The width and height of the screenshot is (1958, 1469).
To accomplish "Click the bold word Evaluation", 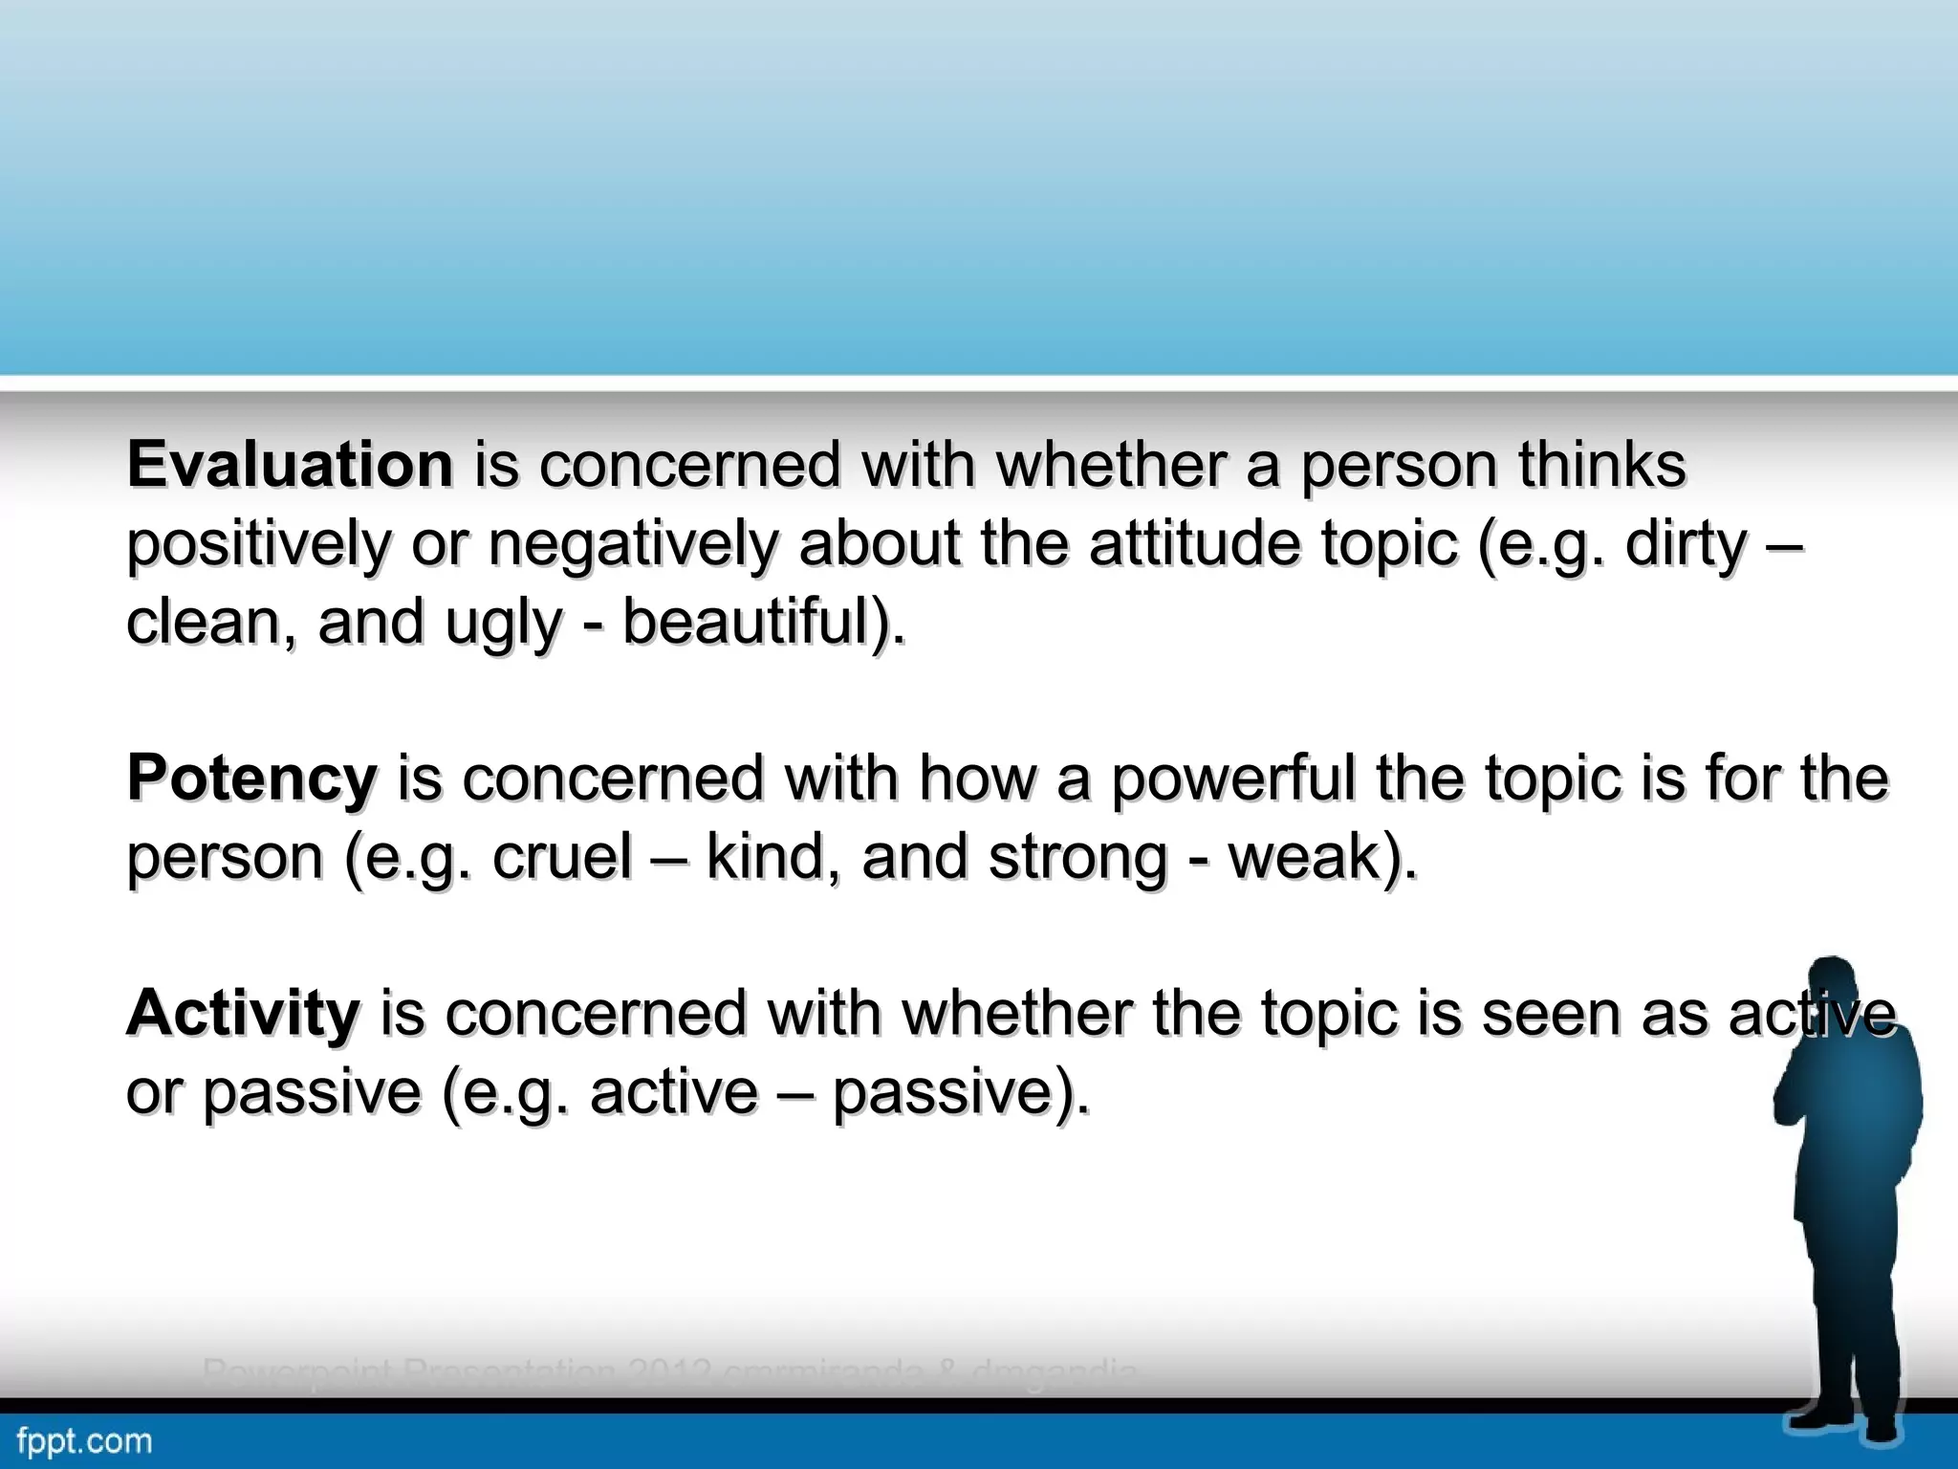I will (x=290, y=465).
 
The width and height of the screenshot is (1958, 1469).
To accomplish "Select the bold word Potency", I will (x=252, y=778).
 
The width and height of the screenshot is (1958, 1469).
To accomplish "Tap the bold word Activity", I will (x=244, y=1013).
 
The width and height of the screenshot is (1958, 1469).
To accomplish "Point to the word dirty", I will (x=1686, y=544).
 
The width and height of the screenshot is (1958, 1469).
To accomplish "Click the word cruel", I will (x=562, y=856).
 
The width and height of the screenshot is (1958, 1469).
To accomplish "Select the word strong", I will (x=1077, y=858).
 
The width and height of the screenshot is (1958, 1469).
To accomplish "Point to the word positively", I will (x=259, y=545).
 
